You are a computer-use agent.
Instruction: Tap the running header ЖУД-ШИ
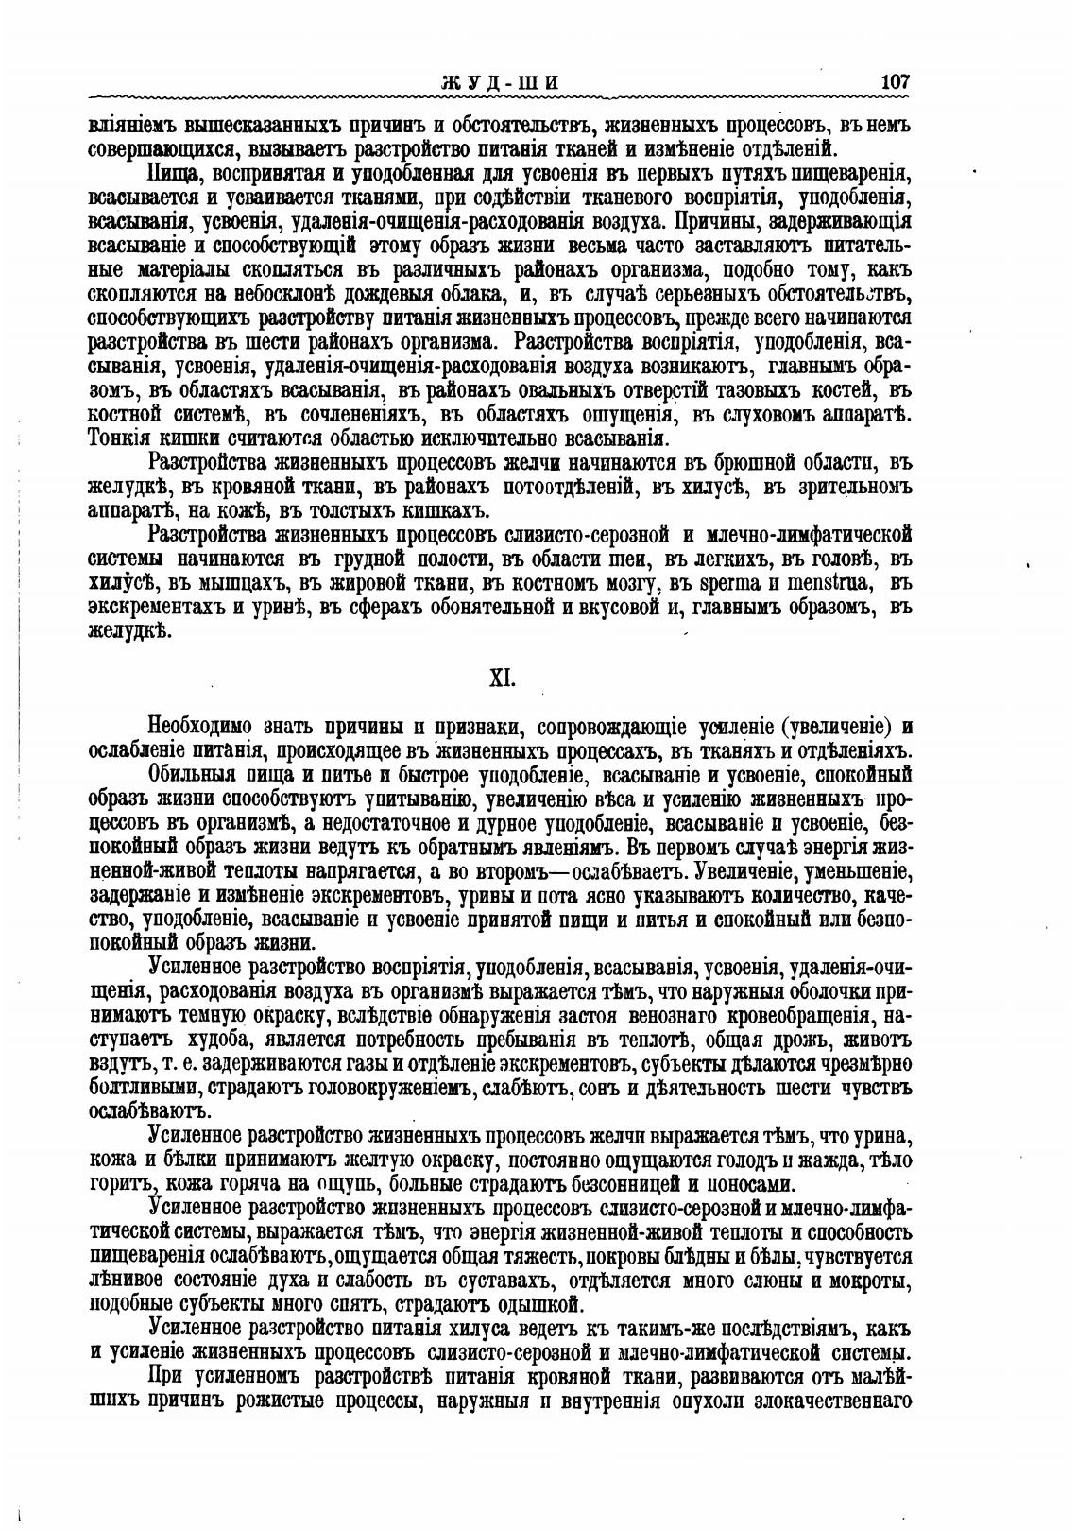[500, 82]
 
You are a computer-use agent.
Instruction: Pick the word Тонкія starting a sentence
[115, 438]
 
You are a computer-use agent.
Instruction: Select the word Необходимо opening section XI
[200, 727]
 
